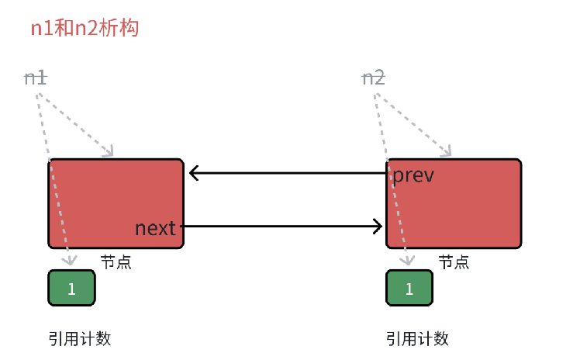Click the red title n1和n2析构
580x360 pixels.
click(85, 28)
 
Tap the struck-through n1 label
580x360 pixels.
click(36, 78)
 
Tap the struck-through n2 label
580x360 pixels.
click(374, 78)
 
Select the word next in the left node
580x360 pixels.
click(155, 228)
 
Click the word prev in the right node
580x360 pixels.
click(413, 175)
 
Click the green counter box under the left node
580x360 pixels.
click(72, 288)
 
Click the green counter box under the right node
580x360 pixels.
click(409, 288)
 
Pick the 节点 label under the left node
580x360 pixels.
click(116, 262)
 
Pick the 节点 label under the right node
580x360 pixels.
click(454, 262)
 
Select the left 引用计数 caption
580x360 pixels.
click(80, 338)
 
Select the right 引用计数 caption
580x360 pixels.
click(418, 338)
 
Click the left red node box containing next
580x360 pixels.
click(116, 203)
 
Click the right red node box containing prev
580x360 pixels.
click(454, 203)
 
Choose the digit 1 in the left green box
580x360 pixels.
click(72, 289)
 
